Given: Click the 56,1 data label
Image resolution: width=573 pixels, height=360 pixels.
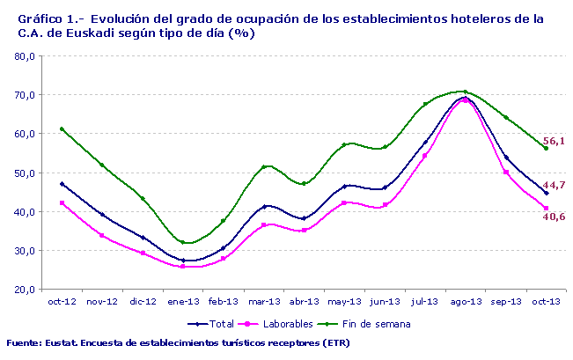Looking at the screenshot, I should tap(554, 141).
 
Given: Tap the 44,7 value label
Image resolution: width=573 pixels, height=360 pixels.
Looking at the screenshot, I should tap(554, 186).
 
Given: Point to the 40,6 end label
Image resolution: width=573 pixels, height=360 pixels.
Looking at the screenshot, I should tap(554, 216).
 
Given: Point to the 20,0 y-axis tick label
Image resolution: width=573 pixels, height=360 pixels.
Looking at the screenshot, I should tap(24, 290).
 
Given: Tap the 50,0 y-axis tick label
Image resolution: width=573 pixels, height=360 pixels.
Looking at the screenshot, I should tap(24, 173).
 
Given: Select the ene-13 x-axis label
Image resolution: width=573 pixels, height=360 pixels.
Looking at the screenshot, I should tap(183, 301).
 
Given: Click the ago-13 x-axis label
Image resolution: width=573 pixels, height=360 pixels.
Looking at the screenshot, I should tap(465, 301).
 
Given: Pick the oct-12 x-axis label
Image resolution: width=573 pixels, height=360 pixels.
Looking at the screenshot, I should tap(62, 301).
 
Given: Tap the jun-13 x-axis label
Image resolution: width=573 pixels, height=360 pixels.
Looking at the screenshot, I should tap(384, 301).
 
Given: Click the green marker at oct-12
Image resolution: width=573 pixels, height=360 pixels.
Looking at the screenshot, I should tap(62, 129).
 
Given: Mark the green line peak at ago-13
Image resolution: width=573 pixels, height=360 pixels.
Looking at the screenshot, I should tap(465, 92).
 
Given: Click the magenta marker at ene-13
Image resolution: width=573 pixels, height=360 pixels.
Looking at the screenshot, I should tap(183, 266).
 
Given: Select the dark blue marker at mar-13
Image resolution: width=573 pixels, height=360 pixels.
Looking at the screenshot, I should tap(264, 206).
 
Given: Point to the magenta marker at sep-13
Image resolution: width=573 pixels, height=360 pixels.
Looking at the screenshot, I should tap(505, 172).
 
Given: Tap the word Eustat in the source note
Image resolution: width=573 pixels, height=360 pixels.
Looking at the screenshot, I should tap(59, 342).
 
